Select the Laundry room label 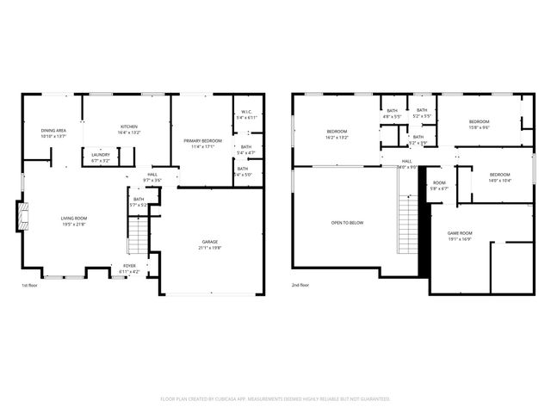pyautogui.click(x=101, y=157)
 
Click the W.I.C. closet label pyautogui.click(x=246, y=114)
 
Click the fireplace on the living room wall pyautogui.click(x=22, y=217)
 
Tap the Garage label pyautogui.click(x=211, y=244)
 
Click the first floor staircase pyautogui.click(x=138, y=235)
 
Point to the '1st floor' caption pyautogui.click(x=30, y=285)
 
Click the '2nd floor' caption pyautogui.click(x=300, y=285)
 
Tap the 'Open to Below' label pyautogui.click(x=347, y=223)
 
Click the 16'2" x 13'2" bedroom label pyautogui.click(x=336, y=135)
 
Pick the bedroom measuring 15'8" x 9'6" pyautogui.click(x=479, y=124)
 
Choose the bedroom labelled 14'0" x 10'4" pyautogui.click(x=499, y=177)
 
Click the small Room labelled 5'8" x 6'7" pyautogui.click(x=439, y=185)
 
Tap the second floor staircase pyautogui.click(x=407, y=221)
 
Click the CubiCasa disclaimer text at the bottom pyautogui.click(x=275, y=398)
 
